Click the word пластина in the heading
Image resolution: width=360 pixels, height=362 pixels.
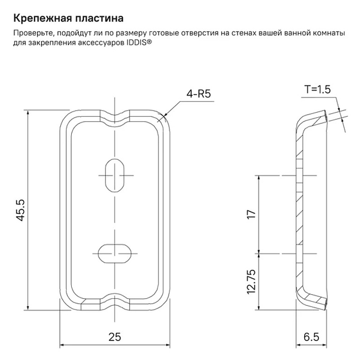(x=97, y=18)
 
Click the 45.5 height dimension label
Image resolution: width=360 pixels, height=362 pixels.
(x=21, y=210)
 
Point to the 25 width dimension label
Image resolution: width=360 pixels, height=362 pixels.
(x=114, y=337)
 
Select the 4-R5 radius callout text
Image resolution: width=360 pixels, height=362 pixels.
(x=198, y=94)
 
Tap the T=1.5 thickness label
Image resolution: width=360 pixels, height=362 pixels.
(x=318, y=89)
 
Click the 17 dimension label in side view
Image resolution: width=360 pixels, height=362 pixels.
(x=252, y=214)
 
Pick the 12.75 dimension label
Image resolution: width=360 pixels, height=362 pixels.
(x=252, y=282)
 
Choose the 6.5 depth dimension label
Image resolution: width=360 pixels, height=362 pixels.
(x=311, y=337)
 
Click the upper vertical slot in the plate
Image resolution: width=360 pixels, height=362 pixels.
(x=115, y=175)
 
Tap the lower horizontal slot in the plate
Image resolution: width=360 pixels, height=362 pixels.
(x=114, y=253)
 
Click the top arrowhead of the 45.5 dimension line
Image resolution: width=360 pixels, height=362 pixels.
(x=28, y=113)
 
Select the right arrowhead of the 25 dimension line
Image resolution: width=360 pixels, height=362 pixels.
(x=167, y=345)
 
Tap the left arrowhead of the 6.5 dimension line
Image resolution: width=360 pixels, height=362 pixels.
(x=299, y=345)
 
